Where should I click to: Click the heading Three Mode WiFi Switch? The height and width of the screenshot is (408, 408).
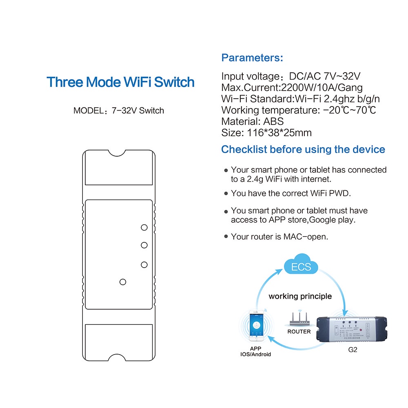pos(120,82)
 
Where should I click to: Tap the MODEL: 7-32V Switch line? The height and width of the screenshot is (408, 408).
pos(119,111)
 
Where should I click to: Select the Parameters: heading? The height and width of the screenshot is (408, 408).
pos(252,58)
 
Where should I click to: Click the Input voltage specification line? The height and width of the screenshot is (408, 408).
pos(291,76)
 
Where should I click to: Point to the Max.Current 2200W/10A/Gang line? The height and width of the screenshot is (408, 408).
pos(292,87)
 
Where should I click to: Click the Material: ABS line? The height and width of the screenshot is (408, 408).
pos(252,121)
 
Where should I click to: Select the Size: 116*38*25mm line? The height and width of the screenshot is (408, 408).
pos(266,133)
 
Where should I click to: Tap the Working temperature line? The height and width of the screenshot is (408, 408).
pos(298,110)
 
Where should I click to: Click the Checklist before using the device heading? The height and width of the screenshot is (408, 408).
pos(303,149)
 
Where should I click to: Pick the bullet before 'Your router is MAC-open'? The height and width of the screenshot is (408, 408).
pos(226,237)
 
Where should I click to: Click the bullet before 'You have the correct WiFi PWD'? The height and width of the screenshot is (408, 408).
pos(226,194)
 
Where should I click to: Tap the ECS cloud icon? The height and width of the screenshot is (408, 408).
pos(301,267)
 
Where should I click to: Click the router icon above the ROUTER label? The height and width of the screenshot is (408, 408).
pos(299,319)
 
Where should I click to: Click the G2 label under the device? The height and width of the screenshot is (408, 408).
pos(353,350)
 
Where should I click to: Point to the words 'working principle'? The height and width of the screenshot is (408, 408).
pos(300,296)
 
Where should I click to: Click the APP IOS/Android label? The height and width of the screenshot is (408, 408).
pos(255,352)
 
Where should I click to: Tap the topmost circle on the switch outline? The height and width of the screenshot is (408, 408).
pos(144,227)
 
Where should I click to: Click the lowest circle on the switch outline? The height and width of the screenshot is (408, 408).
pos(122,282)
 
